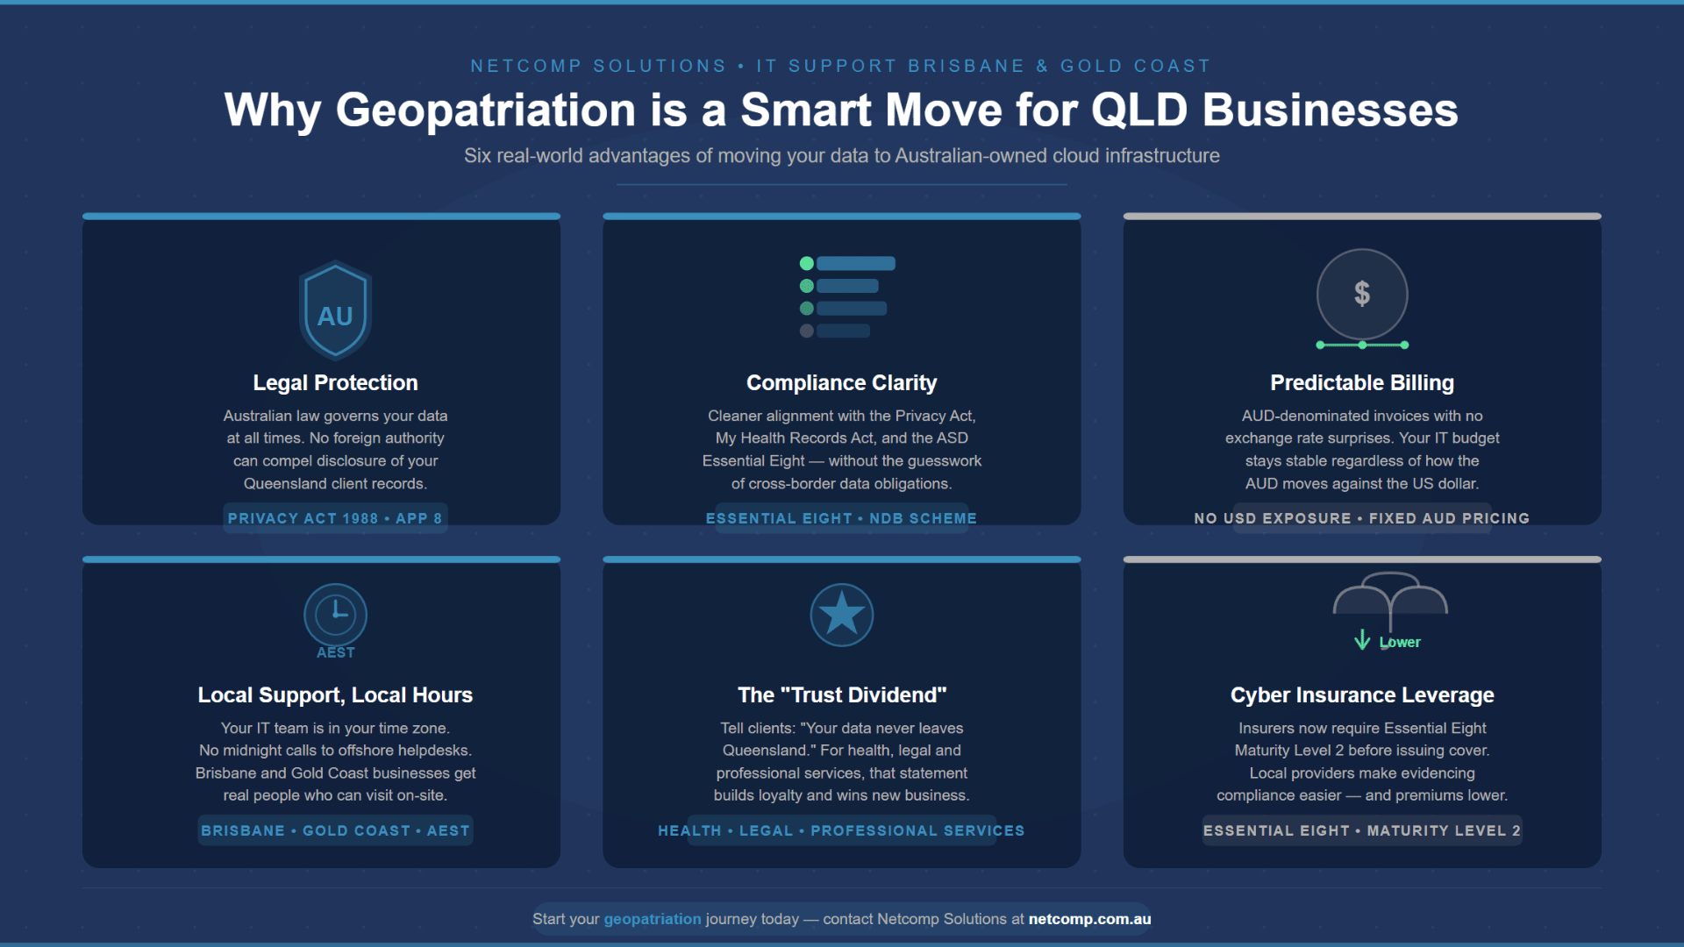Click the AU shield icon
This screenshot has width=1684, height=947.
pos(335,311)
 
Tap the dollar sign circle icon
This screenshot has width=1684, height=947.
pos(1361,294)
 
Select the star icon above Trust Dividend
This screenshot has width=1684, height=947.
pos(841,614)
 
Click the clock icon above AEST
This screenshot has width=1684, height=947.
pos(335,614)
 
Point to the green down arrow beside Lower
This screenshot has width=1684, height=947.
pos(1361,640)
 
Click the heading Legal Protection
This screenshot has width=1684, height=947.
pos(335,383)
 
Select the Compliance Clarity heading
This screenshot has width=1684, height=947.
pos(841,383)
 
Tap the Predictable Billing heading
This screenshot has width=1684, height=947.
pos(1361,383)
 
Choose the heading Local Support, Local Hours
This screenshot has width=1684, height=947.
pos(335,695)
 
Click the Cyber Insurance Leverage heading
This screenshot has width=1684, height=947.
pos(1361,695)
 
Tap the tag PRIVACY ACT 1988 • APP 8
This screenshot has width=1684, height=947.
pos(335,518)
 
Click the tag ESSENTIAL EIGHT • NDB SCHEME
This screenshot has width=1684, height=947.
pos(841,518)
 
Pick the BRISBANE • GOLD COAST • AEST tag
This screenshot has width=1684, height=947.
pos(335,830)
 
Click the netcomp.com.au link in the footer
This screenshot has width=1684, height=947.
pos(1089,919)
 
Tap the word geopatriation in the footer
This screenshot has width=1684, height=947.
pos(653,919)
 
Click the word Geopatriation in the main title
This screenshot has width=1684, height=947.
pos(485,111)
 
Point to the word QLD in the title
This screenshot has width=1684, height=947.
pos(1139,111)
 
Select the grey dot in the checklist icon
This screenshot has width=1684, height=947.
pos(806,331)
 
